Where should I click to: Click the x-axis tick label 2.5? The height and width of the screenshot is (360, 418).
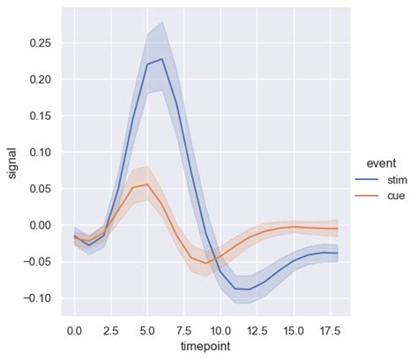110,330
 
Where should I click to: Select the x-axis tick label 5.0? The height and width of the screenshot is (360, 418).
147,330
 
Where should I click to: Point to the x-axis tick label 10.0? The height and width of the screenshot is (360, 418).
220,330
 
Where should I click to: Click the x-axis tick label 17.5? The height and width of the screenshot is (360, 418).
330,330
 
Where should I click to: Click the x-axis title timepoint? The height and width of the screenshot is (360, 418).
205,346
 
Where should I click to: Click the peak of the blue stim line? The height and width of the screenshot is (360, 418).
161,59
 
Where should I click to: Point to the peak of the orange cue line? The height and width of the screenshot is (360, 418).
147,184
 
